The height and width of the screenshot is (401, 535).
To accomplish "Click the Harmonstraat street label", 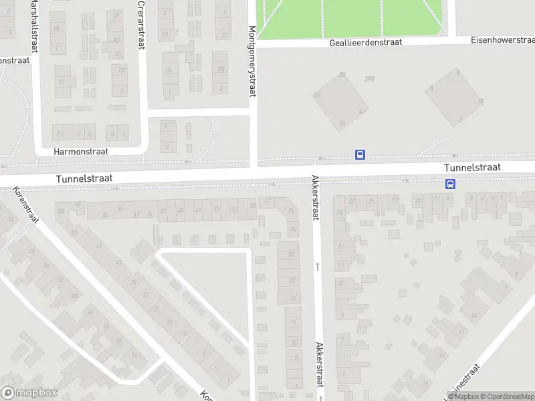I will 80,152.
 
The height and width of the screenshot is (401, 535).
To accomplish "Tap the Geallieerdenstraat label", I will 366,42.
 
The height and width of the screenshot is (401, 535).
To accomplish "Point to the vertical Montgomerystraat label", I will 253,61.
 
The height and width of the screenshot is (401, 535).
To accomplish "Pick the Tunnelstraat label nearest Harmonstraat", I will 84,178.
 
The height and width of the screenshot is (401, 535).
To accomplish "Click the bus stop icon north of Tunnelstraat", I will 360,155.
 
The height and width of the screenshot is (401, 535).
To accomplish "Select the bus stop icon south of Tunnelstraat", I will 451,184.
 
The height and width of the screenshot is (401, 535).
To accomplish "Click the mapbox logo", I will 28,393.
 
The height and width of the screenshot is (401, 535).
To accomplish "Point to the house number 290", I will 369,78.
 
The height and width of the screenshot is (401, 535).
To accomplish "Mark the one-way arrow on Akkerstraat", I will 318,266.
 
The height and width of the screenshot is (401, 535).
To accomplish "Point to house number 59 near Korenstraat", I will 77,205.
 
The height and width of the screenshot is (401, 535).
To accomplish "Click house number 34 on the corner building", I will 291,211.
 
